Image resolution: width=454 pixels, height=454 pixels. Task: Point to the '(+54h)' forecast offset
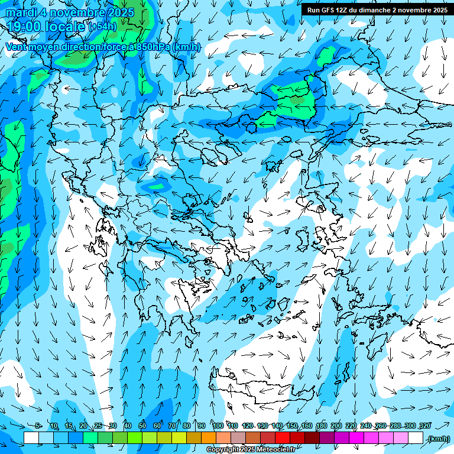(103, 27)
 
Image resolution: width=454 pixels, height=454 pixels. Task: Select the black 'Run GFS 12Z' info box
(377, 10)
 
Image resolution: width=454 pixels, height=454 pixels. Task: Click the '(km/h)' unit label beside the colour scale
(439, 438)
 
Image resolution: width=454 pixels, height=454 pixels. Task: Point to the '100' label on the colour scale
(218, 426)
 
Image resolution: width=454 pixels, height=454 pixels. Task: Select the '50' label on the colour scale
(142, 426)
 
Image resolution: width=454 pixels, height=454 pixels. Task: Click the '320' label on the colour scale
(424, 426)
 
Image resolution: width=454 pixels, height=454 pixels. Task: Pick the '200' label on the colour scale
(336, 426)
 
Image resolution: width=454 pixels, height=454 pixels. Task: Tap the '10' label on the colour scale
(54, 426)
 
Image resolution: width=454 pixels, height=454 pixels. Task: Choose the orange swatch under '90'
(209, 438)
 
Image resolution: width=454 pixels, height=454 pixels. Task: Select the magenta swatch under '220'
(356, 438)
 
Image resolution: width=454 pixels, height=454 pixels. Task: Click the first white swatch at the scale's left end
(31, 438)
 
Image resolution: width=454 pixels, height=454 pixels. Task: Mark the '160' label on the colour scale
(307, 426)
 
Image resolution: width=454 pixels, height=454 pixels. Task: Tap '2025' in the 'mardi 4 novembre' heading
(116, 12)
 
